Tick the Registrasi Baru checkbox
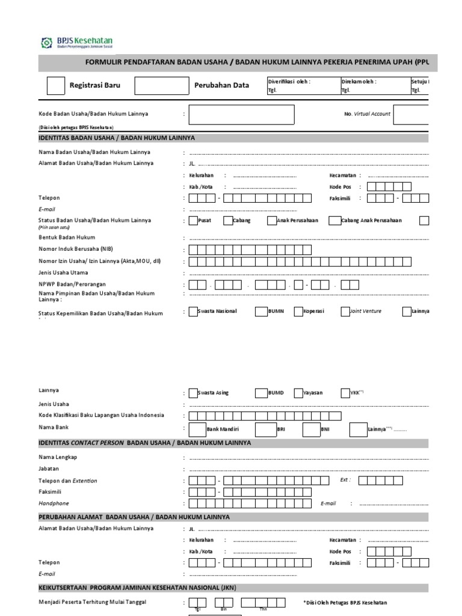[x=55, y=85]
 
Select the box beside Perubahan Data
[x=161, y=85]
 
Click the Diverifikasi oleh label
[x=289, y=81]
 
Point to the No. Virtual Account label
[x=367, y=114]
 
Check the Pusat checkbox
[x=193, y=221]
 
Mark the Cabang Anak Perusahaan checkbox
[x=334, y=221]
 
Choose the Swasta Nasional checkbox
[x=193, y=312]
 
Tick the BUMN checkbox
[x=260, y=312]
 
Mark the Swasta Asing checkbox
[x=193, y=393]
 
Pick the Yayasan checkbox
[x=299, y=393]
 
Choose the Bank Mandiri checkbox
[x=197, y=429]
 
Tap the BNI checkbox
[x=311, y=429]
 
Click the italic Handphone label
[x=54, y=503]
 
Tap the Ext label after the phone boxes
[x=345, y=480]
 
